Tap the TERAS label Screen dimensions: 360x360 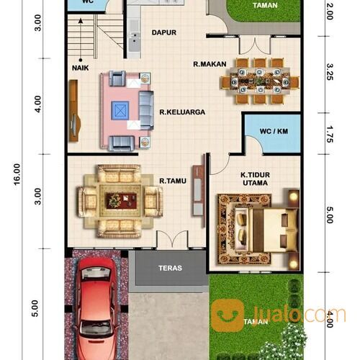coord(170,269)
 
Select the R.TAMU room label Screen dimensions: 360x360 coord(174,181)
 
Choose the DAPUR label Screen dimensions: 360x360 coord(164,32)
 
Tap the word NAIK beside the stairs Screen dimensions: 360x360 coord(80,68)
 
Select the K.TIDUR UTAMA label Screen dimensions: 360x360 coord(255,179)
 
